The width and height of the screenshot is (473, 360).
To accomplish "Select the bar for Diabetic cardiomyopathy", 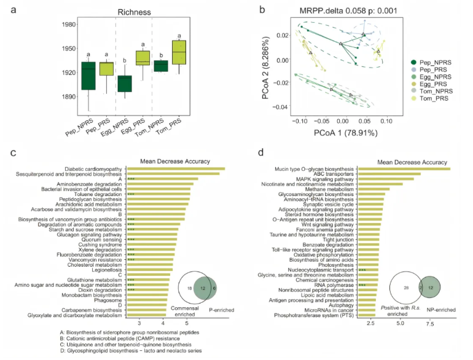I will coord(176,169).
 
